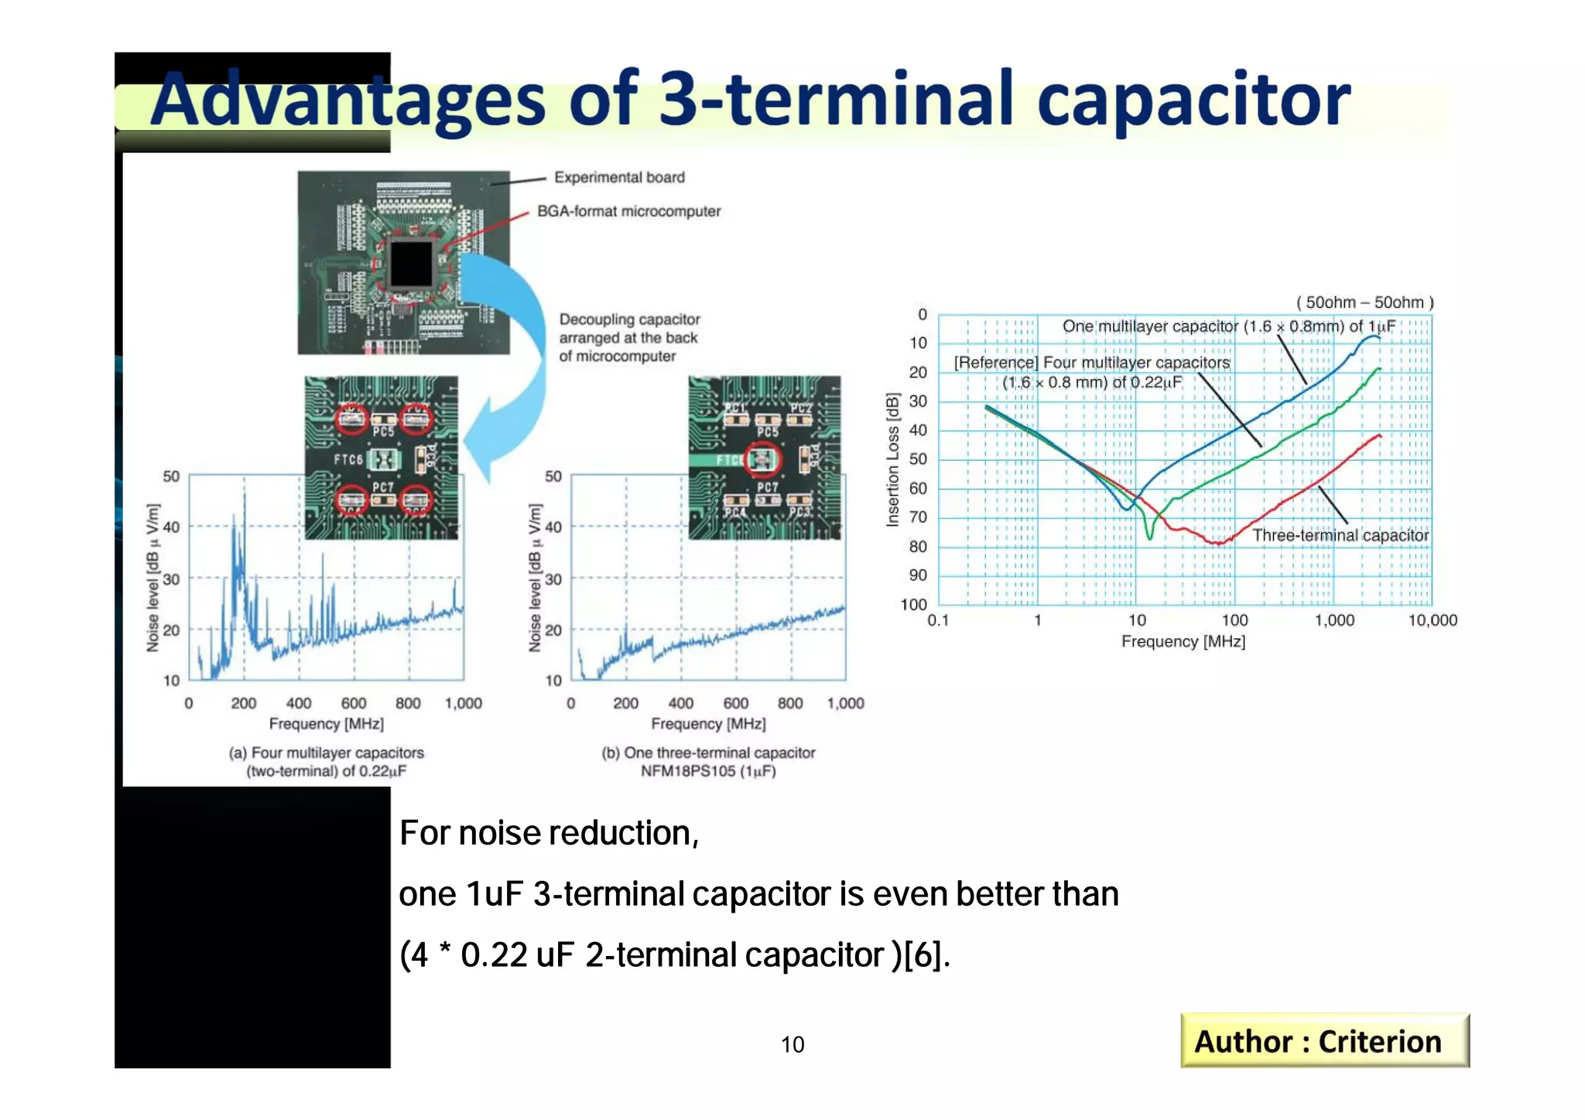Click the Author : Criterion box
[x=1323, y=1041]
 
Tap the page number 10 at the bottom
[x=792, y=1045]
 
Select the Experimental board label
[x=619, y=178]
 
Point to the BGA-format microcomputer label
[x=628, y=211]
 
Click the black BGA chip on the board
[x=411, y=264]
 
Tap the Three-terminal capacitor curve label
[x=1340, y=535]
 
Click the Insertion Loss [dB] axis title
[x=893, y=460]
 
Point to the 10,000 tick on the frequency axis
[x=1432, y=620]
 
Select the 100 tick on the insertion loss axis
[x=913, y=604]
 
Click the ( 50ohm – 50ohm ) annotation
[x=1364, y=302]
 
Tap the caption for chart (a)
[x=326, y=762]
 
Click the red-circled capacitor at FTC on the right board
[x=763, y=459]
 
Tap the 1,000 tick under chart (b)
[x=845, y=703]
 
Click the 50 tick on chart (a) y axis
[x=171, y=476]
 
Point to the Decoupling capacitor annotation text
[x=628, y=338]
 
